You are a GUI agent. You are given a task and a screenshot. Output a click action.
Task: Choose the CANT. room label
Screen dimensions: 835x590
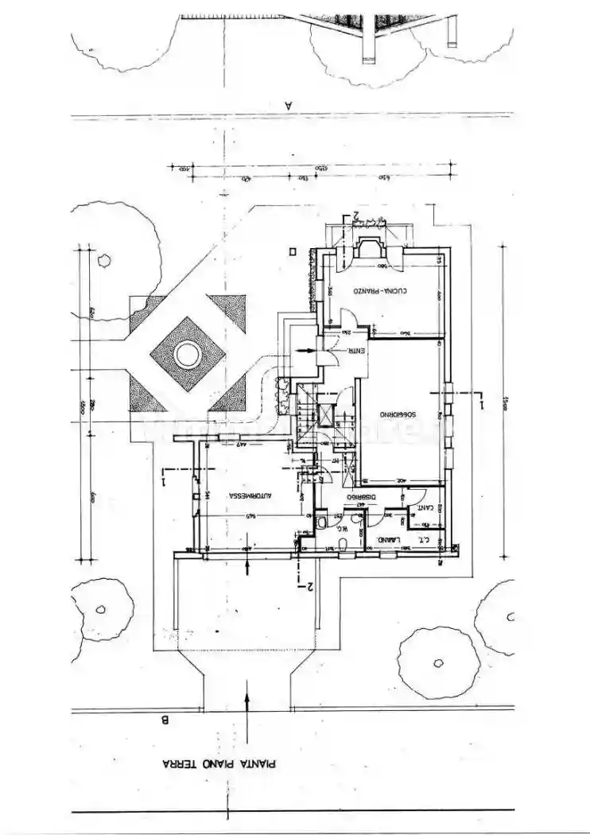click(426, 507)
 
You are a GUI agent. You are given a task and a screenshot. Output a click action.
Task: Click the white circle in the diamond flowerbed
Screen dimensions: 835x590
click(188, 355)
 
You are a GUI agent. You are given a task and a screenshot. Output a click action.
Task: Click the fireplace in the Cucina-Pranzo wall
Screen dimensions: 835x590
click(369, 248)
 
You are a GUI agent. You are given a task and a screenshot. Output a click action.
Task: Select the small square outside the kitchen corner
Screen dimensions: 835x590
click(293, 251)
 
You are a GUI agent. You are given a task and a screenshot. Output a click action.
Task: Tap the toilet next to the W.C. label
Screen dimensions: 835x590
click(321, 522)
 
